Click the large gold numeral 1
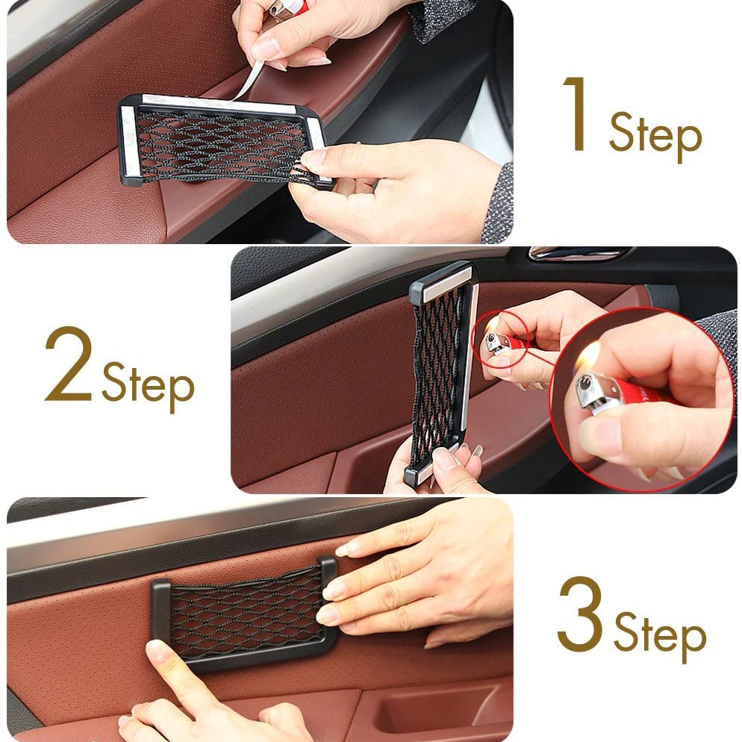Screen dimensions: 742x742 [x=579, y=114]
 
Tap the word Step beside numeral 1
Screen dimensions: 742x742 [x=655, y=136]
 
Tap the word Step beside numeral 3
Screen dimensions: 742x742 [x=660, y=636]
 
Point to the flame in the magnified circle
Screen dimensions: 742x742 [x=590, y=355]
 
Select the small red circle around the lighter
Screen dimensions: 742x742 [x=499, y=337]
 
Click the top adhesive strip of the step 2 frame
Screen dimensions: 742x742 [x=447, y=284]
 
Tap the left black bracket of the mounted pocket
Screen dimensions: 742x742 [x=160, y=611]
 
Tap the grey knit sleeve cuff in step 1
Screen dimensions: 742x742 [x=498, y=204]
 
